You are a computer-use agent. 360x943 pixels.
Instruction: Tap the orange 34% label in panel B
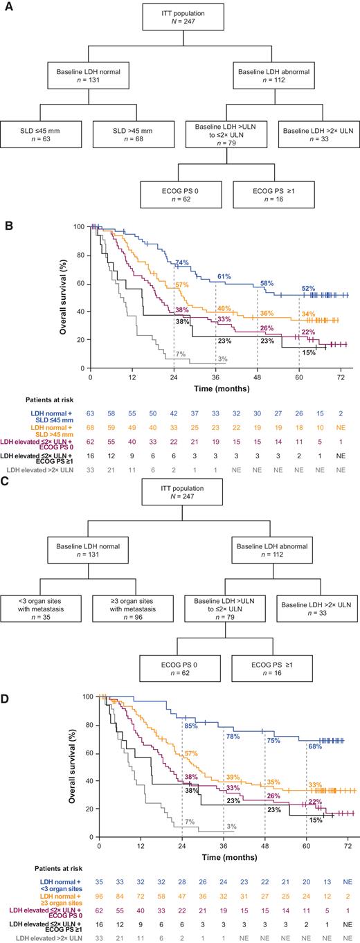[x=309, y=294]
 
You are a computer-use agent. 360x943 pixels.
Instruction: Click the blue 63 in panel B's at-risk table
[x=89, y=413]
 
